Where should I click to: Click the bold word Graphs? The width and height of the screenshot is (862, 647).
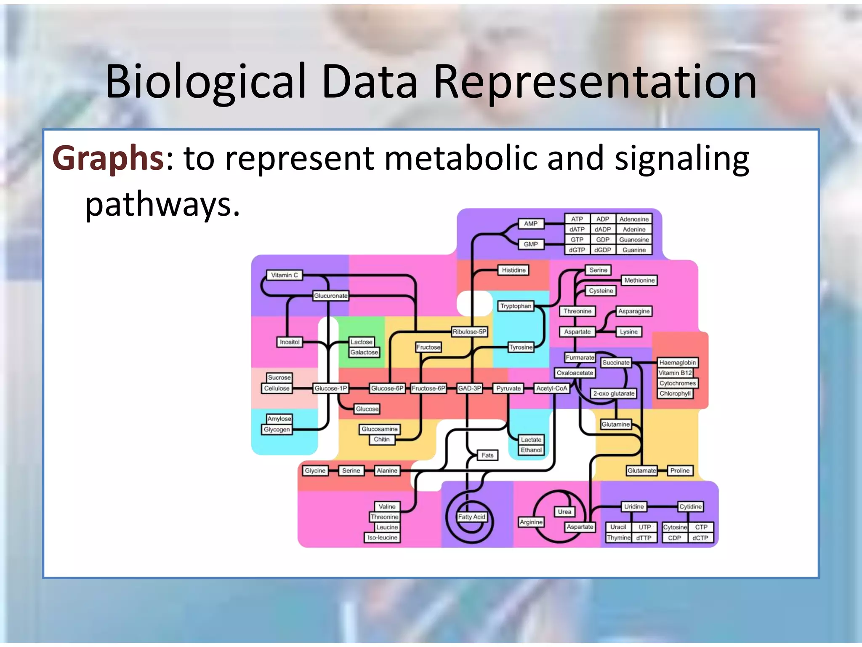coord(108,158)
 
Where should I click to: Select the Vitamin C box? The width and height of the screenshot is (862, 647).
coord(285,275)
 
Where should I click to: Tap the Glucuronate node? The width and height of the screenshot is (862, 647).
coord(331,296)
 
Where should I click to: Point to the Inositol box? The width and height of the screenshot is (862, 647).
coord(290,342)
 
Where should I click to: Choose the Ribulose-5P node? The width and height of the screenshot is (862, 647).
coord(470,332)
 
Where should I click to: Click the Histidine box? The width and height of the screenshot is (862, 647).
coord(513,270)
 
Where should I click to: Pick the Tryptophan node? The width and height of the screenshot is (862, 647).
coord(516,306)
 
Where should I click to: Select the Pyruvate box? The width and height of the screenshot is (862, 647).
coord(508,388)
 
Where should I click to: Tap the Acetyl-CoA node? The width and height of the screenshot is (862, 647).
coord(551,388)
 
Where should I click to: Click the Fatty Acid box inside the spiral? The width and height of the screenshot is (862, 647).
coord(471,516)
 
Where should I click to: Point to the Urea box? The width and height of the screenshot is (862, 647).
coord(564,512)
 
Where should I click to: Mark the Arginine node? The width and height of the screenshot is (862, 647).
coord(531,522)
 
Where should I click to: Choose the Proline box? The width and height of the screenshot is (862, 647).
coord(680,471)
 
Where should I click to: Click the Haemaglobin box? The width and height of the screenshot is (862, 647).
coord(677,362)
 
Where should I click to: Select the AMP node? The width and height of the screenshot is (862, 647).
coord(531,224)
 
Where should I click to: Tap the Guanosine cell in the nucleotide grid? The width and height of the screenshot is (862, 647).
coord(634,240)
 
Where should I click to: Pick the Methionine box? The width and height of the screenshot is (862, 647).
coord(639,280)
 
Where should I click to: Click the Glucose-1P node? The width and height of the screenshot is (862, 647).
coord(331,388)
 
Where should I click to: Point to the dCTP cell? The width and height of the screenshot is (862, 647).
coord(700,537)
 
